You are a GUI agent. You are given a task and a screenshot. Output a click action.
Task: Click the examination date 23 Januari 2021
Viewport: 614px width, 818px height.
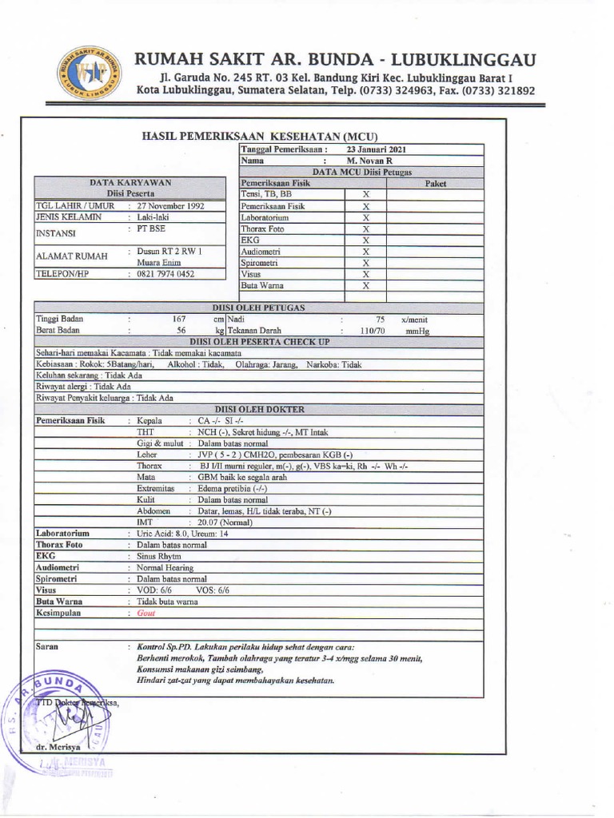point(377,149)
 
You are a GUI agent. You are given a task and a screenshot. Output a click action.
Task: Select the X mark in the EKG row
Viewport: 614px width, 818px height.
point(365,240)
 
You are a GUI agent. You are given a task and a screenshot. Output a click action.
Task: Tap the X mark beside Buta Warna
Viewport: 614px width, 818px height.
point(365,285)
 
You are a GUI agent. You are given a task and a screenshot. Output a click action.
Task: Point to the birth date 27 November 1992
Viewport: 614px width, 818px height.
point(171,205)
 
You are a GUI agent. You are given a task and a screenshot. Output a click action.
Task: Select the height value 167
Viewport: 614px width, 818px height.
point(180,319)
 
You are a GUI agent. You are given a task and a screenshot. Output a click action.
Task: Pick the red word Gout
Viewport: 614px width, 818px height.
point(146,613)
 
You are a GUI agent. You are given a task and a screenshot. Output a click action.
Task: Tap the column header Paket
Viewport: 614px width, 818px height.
point(435,183)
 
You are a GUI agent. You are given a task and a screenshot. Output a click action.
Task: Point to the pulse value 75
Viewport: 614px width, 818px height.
point(380,319)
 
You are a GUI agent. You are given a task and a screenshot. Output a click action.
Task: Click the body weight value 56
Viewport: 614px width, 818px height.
point(181,330)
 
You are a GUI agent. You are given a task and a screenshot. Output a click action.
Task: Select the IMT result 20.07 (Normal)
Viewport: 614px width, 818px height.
point(225,522)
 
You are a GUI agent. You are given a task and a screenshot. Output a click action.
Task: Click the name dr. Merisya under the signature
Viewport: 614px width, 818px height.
point(55,746)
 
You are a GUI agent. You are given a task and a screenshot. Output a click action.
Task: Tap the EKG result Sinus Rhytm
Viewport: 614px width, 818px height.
point(159,556)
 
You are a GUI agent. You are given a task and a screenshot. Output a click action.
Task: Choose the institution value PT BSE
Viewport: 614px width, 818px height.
point(150,228)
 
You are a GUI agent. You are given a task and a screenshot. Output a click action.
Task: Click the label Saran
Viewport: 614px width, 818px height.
point(47,645)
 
